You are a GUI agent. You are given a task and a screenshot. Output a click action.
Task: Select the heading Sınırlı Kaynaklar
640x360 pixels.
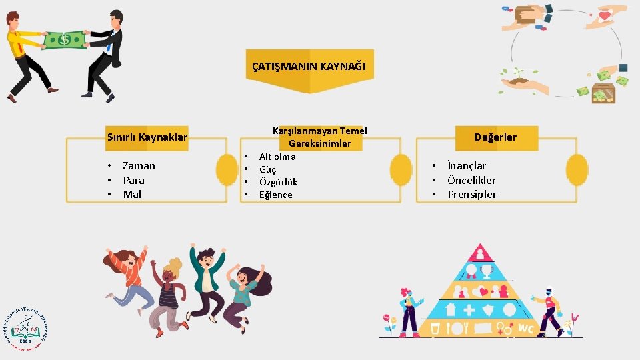coord(147,138)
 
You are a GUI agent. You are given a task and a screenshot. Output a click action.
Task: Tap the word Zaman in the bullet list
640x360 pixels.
coord(139,166)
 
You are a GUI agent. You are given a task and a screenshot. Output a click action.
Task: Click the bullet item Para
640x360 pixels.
coord(133,180)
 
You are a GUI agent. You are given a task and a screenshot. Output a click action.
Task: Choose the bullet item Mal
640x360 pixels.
coord(132,194)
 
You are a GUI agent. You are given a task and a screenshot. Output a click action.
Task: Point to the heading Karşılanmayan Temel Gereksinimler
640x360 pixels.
coord(319,137)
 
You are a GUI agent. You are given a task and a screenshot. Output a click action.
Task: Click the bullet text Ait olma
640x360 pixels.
coord(277,157)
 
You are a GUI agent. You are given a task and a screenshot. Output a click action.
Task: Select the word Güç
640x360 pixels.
coord(268,169)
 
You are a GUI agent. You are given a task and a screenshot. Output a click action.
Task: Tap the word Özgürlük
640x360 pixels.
coord(278,182)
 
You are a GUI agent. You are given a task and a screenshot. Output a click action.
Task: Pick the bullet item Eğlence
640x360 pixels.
coord(275,195)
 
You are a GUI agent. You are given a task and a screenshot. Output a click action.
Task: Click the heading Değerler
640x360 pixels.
coord(495,137)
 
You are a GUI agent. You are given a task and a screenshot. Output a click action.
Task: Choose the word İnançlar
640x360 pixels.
coord(467,166)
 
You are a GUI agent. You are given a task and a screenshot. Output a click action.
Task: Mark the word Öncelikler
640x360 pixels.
coord(471,180)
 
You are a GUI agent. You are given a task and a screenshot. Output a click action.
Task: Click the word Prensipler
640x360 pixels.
coord(472,194)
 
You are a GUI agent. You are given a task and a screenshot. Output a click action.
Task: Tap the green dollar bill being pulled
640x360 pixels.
coord(65,39)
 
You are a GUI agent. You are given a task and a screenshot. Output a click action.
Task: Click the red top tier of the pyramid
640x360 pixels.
coord(479,253)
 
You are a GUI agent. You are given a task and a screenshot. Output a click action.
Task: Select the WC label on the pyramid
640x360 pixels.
coord(525,328)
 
